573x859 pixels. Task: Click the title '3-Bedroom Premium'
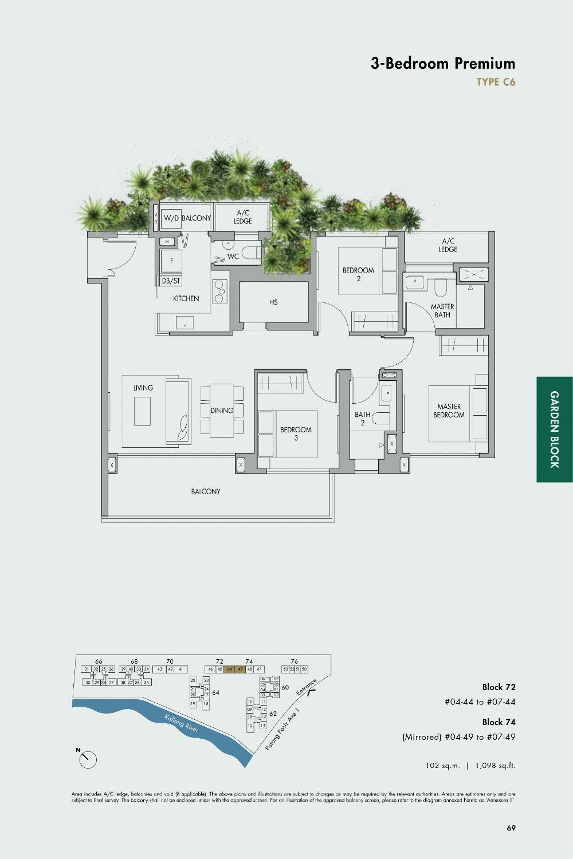click(x=442, y=64)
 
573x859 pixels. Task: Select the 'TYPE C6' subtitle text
click(x=496, y=82)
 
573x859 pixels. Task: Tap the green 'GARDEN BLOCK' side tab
click(x=554, y=429)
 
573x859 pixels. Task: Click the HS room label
click(x=273, y=302)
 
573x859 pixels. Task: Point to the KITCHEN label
click(x=186, y=298)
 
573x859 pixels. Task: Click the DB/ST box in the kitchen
click(x=171, y=281)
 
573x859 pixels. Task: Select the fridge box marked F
click(x=171, y=261)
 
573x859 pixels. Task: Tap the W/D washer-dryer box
click(x=171, y=218)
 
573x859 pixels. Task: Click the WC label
click(x=233, y=257)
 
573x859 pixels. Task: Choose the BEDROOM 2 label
click(x=358, y=274)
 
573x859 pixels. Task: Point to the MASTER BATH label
click(x=442, y=310)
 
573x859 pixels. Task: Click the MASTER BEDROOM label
click(x=449, y=411)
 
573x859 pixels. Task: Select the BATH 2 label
click(x=362, y=419)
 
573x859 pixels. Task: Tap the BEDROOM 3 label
click(x=296, y=434)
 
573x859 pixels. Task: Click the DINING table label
click(x=222, y=411)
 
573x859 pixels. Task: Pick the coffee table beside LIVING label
click(x=143, y=411)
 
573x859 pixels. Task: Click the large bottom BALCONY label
click(x=206, y=491)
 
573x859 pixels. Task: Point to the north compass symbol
click(x=87, y=759)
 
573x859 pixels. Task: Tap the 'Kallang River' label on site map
click(x=181, y=723)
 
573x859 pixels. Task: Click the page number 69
click(x=511, y=828)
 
